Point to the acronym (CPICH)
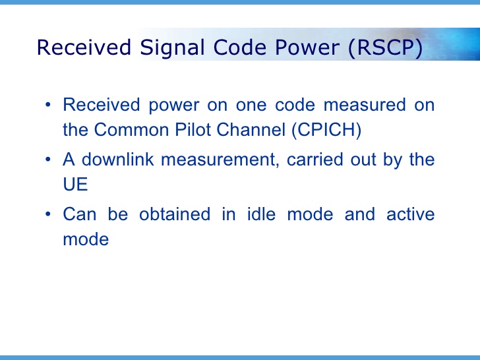[326, 130]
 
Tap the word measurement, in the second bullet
[227, 160]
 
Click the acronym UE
[75, 184]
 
